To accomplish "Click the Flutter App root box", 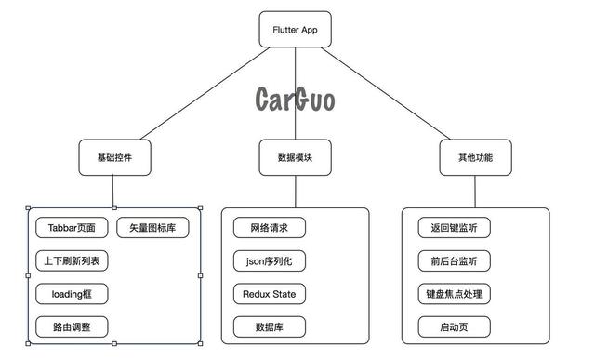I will click(x=295, y=29).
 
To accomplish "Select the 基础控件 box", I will click(x=113, y=158).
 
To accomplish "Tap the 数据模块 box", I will click(x=295, y=158).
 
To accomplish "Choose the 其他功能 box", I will click(x=475, y=158).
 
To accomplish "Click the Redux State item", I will click(x=269, y=294).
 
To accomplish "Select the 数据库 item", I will click(x=269, y=327).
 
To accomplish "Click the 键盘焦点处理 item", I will click(x=454, y=294).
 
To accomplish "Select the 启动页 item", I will click(x=454, y=327).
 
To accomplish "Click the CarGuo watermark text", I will click(x=295, y=99).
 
